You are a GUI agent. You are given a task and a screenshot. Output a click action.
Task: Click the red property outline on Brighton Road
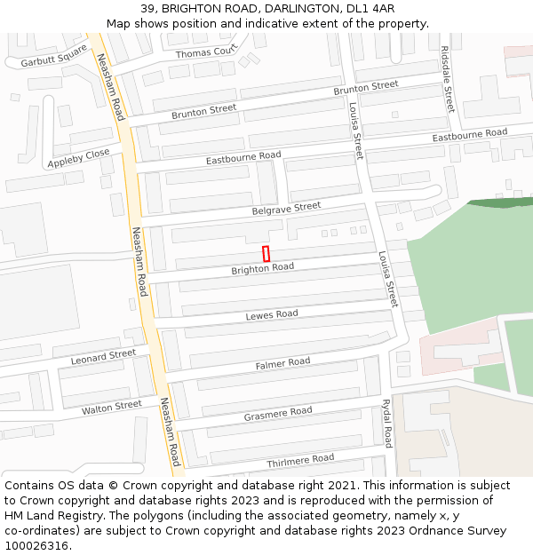point(266,253)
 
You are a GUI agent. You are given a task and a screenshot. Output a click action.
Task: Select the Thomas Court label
point(206,53)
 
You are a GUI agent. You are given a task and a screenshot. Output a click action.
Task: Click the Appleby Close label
point(79,158)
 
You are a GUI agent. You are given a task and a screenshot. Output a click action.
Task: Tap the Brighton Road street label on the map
point(262,267)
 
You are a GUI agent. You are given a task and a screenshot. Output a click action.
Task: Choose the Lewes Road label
point(271,315)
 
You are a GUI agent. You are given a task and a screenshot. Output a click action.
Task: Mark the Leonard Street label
point(103,357)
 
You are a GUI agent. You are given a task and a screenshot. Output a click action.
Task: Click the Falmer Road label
point(282,363)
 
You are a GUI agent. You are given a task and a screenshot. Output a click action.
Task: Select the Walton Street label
point(111,408)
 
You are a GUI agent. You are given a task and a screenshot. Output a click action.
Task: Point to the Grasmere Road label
point(278,413)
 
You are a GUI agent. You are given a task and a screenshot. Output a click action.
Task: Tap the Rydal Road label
point(387,423)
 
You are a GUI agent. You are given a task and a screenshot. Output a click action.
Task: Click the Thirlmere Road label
point(300,460)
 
